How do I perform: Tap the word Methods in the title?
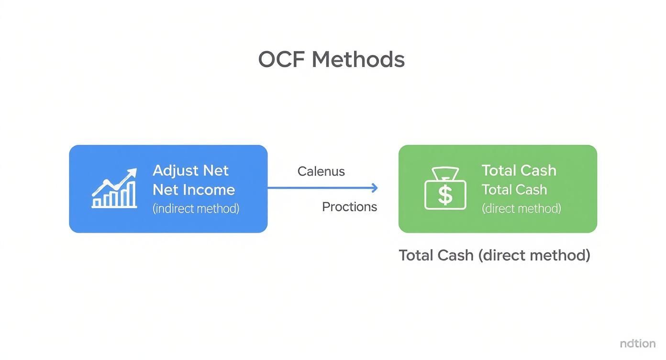358,60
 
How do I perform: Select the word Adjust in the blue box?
175,170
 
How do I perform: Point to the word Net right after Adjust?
216,170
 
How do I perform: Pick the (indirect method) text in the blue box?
196,208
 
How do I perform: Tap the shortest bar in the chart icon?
97,203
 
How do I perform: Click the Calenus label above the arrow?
321,171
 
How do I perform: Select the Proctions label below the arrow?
349,207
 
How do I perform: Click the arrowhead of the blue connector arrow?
375,188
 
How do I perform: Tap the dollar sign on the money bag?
445,195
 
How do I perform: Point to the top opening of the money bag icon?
445,172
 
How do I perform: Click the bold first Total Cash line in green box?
519,170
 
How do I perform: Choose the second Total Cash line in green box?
514,190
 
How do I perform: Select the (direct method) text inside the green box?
521,208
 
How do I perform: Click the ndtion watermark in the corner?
637,343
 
